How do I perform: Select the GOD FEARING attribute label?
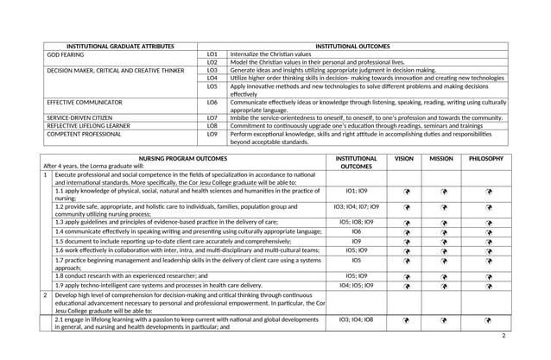[x=65, y=54]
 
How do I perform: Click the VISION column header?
[x=404, y=159]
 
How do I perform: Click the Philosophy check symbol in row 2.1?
[x=488, y=320]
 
